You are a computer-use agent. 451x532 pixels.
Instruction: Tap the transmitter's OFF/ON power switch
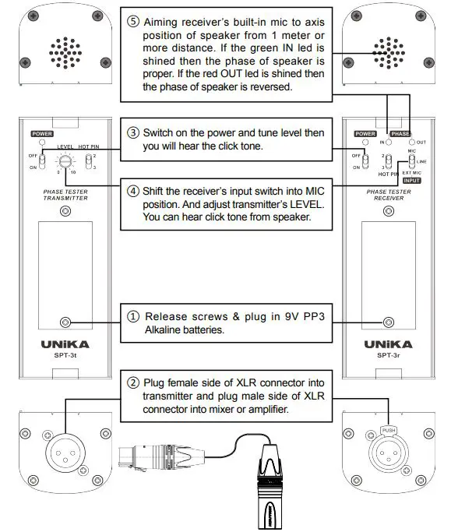pyautogui.click(x=44, y=160)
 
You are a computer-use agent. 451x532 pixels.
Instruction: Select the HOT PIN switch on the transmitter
pyautogui.click(x=90, y=161)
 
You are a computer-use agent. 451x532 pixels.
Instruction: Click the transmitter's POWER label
pyautogui.click(x=42, y=134)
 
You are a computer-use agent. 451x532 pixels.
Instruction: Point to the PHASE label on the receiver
pyautogui.click(x=400, y=134)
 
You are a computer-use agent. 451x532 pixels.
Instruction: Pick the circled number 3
pyautogui.click(x=132, y=132)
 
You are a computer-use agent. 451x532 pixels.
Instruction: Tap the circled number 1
pyautogui.click(x=133, y=317)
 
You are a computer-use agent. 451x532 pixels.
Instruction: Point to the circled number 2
pyautogui.click(x=133, y=382)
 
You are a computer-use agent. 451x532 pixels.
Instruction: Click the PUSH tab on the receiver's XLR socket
pyautogui.click(x=389, y=429)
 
